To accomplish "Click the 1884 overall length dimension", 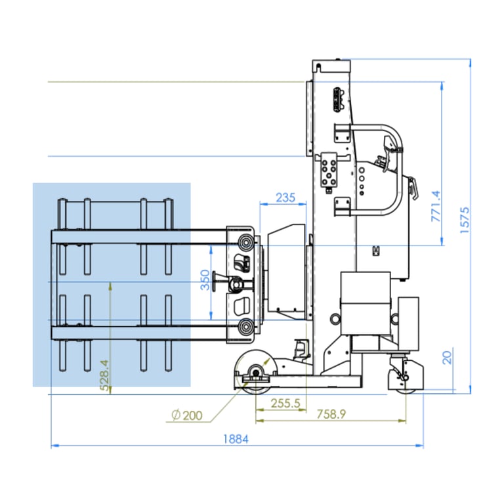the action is (x=236, y=439).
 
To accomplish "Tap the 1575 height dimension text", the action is (x=465, y=220).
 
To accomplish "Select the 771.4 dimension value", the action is (x=436, y=206).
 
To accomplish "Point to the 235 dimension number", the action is (x=285, y=198).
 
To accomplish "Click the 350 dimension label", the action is (x=205, y=280).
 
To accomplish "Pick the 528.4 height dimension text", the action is (x=104, y=375).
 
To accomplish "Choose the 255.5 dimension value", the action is (x=285, y=403).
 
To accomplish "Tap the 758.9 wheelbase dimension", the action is (x=331, y=414).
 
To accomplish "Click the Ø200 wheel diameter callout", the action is (x=187, y=415).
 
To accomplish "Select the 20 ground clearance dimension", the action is (x=447, y=358).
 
